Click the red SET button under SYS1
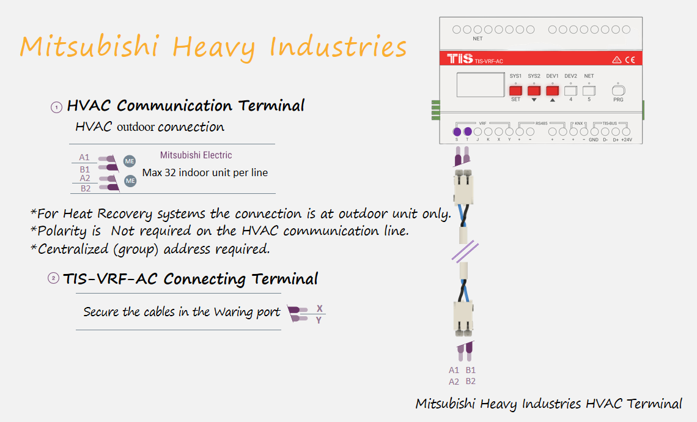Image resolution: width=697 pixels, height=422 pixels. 515,91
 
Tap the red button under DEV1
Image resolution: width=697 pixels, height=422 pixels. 552,91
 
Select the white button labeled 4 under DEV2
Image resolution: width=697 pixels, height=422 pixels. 571,91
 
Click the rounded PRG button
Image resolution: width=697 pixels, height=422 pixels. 618,91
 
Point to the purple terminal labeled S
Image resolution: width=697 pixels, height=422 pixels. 457,132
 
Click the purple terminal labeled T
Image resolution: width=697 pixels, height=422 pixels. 468,131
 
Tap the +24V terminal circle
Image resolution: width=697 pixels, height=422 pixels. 626,131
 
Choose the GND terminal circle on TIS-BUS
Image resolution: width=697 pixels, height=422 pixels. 594,131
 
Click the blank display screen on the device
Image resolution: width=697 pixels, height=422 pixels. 481,84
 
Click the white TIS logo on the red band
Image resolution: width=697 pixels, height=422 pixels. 460,58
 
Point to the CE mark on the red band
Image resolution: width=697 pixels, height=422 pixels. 630,59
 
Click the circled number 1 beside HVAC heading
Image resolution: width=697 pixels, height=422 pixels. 56,107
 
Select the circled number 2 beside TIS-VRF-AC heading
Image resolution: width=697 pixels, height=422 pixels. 53,278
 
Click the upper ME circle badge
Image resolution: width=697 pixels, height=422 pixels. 130,161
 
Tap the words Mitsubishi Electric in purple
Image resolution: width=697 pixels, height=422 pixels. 196,155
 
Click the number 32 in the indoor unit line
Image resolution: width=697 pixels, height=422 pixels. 170,172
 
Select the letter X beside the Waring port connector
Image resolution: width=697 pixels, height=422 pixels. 319,309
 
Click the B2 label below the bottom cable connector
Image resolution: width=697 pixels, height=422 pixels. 471,381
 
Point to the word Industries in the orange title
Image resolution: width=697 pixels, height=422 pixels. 338,46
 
